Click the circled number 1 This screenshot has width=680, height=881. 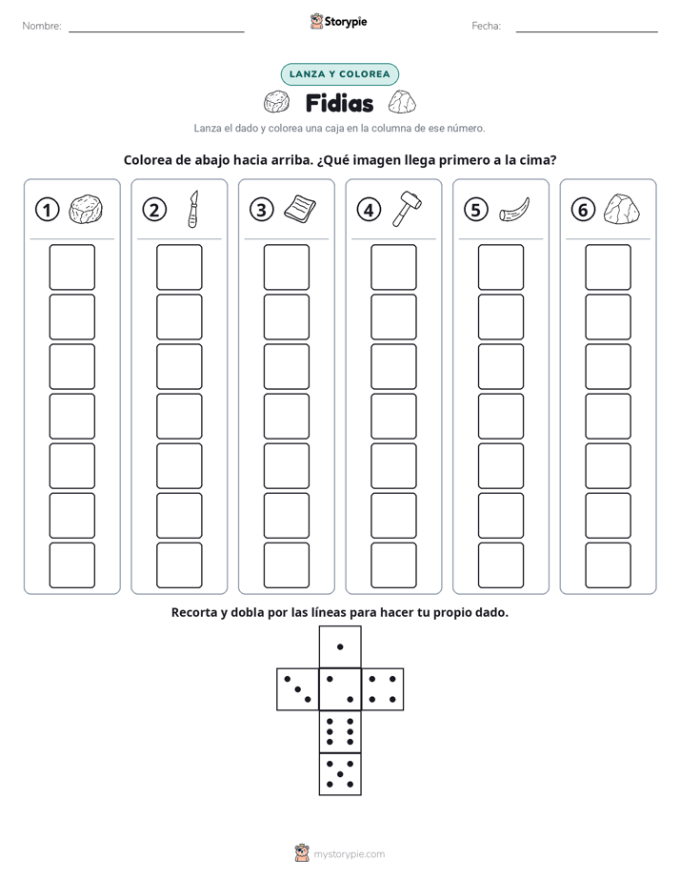[x=47, y=210]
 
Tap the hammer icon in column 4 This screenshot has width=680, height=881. [x=408, y=209]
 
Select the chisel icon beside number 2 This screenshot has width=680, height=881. [x=193, y=209]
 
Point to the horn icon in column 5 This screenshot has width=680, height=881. [x=514, y=210]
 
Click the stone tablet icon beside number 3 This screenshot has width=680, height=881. [x=300, y=209]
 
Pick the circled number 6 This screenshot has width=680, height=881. [x=583, y=210]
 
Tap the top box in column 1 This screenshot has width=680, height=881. [x=71, y=267]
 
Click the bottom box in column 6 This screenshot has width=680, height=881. [x=608, y=565]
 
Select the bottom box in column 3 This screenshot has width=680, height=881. [x=286, y=565]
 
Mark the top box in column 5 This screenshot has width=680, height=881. [x=500, y=267]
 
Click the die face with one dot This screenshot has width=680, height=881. [x=340, y=646]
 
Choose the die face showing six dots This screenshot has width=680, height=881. [x=340, y=731]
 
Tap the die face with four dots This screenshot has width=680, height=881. [x=383, y=688]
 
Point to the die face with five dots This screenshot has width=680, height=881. [x=340, y=774]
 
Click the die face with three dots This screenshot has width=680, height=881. [x=298, y=688]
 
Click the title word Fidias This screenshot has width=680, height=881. [x=339, y=103]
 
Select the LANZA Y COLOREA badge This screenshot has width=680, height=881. [x=339, y=74]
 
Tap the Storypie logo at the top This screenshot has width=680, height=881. [x=338, y=21]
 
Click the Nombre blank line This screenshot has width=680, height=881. [x=156, y=31]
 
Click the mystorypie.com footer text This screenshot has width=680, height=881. [x=349, y=854]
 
